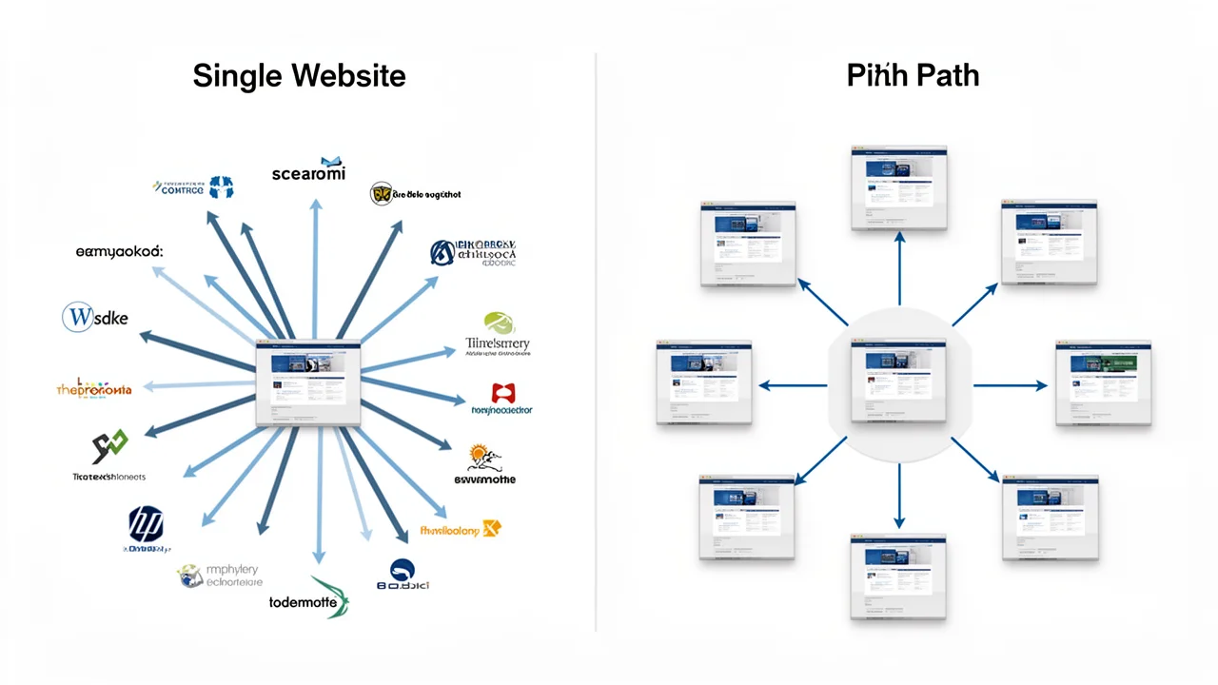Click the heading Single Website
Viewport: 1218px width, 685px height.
[299, 76]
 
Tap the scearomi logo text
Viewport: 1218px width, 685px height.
[307, 173]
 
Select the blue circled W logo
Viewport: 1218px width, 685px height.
[76, 318]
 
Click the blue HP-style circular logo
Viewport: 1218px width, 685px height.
[146, 524]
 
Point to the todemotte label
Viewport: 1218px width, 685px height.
[304, 602]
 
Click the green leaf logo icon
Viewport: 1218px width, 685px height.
[499, 323]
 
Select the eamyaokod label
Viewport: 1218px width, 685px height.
[119, 252]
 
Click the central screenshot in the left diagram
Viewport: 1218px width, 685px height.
[308, 382]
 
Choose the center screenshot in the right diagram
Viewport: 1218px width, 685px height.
[898, 381]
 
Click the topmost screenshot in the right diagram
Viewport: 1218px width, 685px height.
[898, 187]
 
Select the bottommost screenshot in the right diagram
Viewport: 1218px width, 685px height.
[898, 577]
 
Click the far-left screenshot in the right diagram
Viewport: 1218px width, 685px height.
[704, 382]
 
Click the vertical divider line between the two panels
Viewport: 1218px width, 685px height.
[596, 342]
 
